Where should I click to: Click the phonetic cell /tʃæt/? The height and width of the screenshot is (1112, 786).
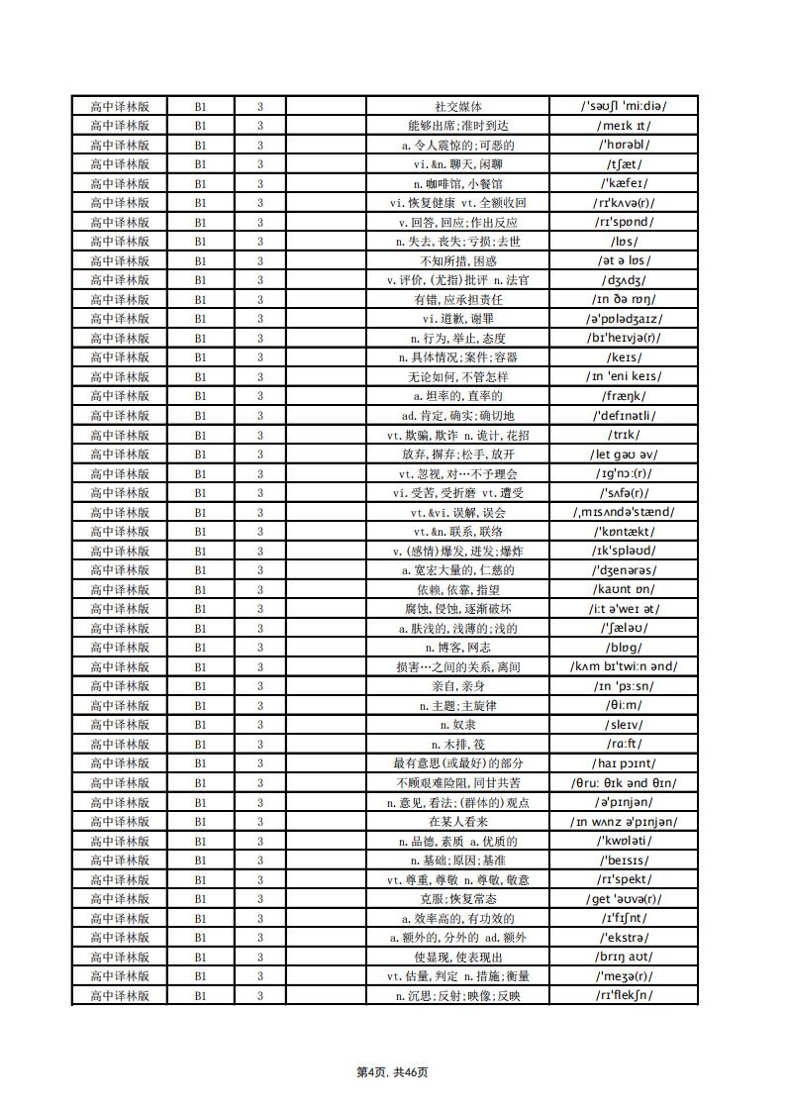point(624,164)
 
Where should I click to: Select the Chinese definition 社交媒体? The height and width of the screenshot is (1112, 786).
point(457,106)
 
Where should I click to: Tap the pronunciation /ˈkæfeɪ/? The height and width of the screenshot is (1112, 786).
point(624,183)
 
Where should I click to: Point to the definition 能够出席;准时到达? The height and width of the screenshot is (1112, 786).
point(457,126)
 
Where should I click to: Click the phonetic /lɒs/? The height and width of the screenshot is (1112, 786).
point(624,242)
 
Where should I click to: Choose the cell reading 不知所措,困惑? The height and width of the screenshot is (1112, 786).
point(457,260)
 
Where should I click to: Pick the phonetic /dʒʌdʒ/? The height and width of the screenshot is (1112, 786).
point(624,280)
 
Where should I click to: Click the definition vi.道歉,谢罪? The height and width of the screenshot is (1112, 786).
point(457,319)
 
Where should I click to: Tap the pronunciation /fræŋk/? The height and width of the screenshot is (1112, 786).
point(624,396)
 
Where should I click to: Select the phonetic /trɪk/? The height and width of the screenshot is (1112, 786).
point(624,435)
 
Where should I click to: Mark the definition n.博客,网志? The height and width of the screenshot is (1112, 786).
point(457,648)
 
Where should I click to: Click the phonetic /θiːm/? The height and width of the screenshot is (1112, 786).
point(624,705)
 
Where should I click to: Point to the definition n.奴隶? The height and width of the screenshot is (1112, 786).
point(457,725)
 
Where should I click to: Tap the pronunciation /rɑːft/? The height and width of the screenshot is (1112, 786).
point(624,744)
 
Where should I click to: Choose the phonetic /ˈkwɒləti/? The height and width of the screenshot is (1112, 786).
point(624,841)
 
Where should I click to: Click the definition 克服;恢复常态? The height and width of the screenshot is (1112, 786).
point(457,899)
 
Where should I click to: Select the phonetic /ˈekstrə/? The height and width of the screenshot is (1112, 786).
point(624,938)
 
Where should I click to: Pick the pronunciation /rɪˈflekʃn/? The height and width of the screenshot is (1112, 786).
point(624,995)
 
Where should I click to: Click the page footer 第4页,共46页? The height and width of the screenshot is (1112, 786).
point(392,1071)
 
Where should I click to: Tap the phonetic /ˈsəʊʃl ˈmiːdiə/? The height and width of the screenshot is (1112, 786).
point(624,106)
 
